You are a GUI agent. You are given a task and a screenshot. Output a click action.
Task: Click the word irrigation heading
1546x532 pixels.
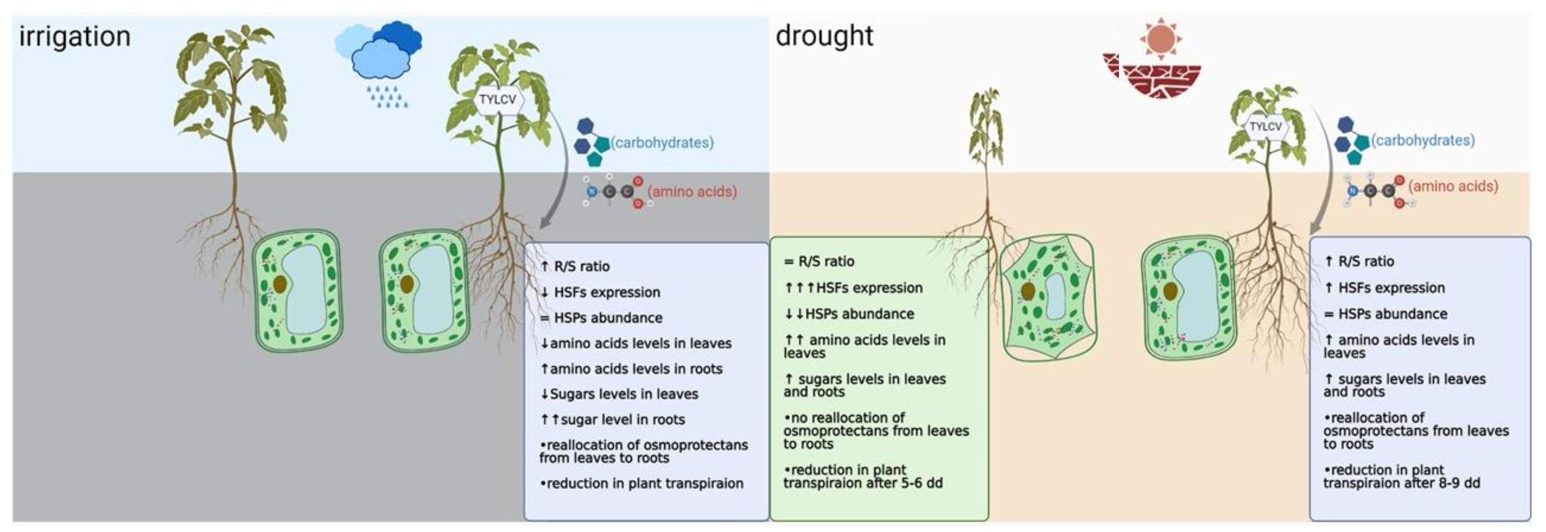tap(75, 36)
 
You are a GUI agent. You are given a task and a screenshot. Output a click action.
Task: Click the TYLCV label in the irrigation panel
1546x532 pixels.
tap(497, 99)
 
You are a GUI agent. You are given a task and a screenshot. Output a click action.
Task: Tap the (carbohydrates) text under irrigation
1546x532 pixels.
tap(662, 143)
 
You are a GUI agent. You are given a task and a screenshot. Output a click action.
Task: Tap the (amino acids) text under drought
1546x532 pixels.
tap(1453, 186)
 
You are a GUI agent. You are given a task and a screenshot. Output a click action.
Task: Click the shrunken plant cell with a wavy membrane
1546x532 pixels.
tap(1048, 297)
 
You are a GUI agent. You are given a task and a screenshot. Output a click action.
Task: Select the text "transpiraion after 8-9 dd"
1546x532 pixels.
tap(1402, 483)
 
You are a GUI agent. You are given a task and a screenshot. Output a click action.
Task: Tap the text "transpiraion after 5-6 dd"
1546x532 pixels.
tap(862, 483)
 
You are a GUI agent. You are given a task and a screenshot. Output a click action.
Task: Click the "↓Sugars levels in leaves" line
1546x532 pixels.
tap(619, 394)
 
